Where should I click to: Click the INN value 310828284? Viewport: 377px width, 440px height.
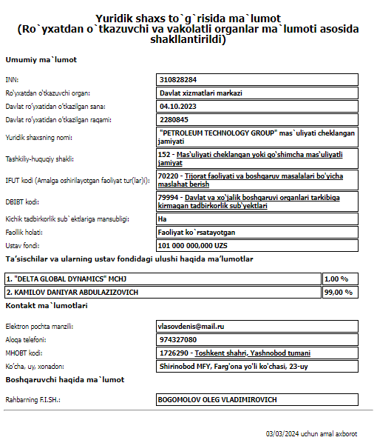(x=177, y=79)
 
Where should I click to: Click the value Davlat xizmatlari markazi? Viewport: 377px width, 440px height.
(x=201, y=93)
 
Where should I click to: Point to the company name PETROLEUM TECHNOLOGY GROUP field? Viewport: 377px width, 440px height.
(x=257, y=136)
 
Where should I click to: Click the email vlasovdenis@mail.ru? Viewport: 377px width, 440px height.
(x=192, y=326)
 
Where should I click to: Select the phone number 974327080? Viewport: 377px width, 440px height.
(x=179, y=339)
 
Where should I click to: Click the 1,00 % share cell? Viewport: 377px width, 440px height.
(x=336, y=279)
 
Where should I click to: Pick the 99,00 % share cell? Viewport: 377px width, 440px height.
(x=339, y=292)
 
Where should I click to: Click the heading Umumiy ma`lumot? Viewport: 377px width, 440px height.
(x=41, y=59)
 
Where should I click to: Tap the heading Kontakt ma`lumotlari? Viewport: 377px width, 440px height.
(x=47, y=305)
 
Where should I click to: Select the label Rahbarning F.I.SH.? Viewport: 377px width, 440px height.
(x=33, y=400)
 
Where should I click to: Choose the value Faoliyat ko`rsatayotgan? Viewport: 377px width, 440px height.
(x=203, y=232)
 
